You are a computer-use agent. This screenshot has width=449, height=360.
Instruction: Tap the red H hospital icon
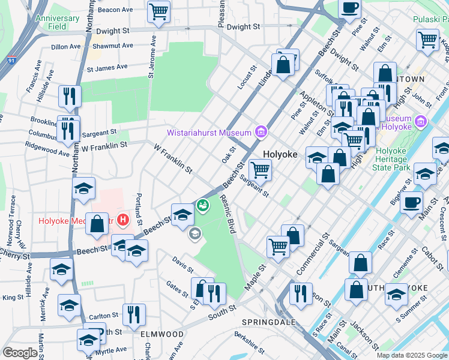[124, 220]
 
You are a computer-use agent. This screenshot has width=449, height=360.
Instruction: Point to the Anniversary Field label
[57, 22]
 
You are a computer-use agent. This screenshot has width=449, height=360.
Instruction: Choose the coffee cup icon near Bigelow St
[412, 202]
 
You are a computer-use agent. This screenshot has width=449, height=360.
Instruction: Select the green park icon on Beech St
[203, 206]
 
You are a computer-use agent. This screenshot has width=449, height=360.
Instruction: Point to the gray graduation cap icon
[194, 233]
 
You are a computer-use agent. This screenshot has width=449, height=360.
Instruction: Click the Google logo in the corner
[20, 353]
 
